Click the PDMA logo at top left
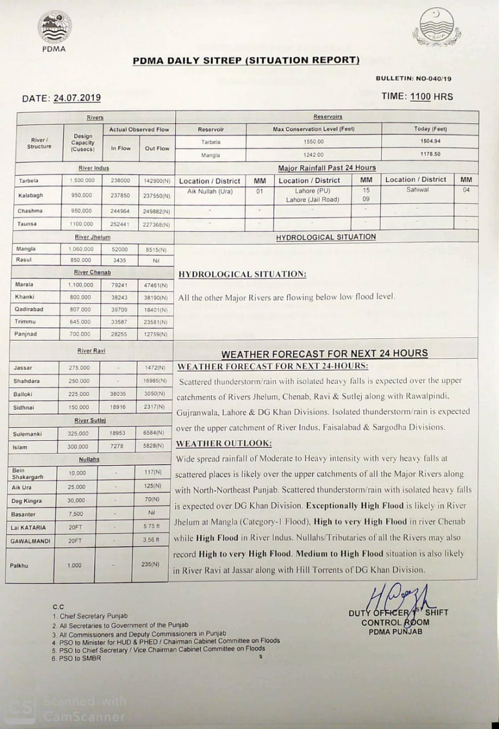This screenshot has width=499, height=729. click(54, 28)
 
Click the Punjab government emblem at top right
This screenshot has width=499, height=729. click(433, 27)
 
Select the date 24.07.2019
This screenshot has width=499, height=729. click(77, 98)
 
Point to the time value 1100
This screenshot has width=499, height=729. click(420, 97)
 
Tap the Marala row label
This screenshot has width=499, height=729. click(24, 284)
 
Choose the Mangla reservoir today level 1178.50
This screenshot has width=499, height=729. click(430, 154)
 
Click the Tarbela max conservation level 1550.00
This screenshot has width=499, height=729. click(313, 141)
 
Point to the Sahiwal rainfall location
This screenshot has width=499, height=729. click(418, 190)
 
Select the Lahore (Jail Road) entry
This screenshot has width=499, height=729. click(312, 200)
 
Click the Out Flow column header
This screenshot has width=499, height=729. click(157, 148)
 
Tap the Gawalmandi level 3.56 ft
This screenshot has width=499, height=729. click(150, 540)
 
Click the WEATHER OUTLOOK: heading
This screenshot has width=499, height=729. click(224, 443)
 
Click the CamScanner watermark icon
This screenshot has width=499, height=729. click(20, 708)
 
